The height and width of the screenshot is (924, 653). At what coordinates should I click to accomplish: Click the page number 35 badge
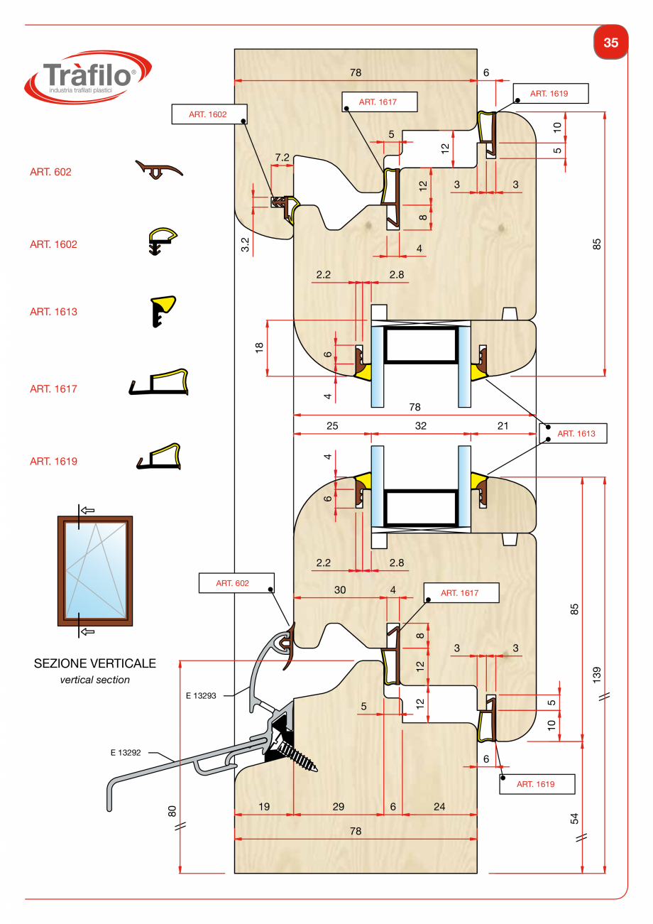tap(610, 43)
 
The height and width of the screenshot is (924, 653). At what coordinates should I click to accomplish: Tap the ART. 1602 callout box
tap(209, 114)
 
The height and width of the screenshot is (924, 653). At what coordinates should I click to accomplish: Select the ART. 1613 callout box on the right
tap(575, 433)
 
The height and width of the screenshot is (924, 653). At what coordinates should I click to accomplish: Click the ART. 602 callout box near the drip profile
tap(234, 583)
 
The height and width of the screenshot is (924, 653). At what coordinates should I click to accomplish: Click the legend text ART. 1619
tap(53, 462)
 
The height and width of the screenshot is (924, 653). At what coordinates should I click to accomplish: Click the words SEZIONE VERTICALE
tap(94, 664)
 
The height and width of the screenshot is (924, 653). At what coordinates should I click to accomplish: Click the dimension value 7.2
tap(282, 158)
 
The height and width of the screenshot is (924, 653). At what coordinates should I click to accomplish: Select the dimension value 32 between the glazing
tap(421, 426)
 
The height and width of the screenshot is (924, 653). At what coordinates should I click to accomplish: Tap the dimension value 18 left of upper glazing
tap(260, 348)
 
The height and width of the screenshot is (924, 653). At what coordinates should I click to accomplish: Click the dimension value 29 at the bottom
tap(338, 806)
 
